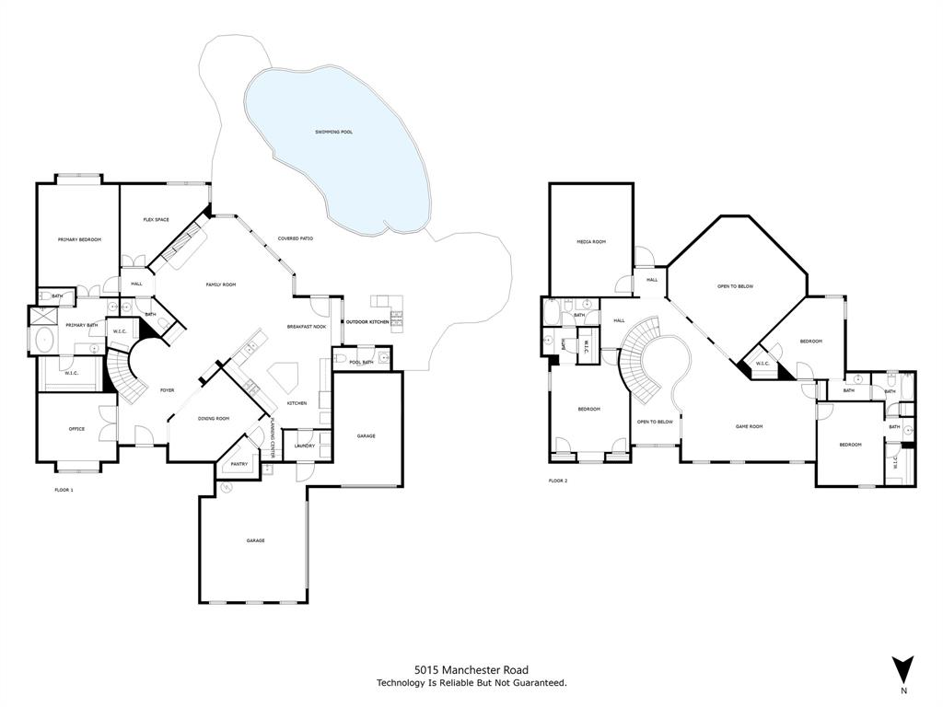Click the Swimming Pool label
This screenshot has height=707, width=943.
pos(334,132)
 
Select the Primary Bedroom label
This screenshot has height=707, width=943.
pos(78,239)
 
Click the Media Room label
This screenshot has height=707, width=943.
pos(591,241)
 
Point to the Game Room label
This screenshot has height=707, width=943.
pos(749,426)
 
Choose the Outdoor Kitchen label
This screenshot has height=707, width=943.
pos(367,322)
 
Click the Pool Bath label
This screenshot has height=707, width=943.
pos(361,362)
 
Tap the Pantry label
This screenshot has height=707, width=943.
pos(239,465)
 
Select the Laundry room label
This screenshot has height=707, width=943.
pos(304,446)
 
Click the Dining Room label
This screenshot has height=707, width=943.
pos(214,419)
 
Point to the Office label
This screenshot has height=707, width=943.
pos(76,429)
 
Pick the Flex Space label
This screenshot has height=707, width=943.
pos(156,219)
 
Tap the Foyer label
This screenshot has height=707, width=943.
pos(167,390)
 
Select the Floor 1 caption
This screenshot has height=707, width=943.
pos(64,490)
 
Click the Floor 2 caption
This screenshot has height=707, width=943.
pos(558,481)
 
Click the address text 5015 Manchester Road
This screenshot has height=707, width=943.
pos(471,670)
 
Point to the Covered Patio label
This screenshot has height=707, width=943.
pos(296,238)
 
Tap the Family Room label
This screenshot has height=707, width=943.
pos(220,284)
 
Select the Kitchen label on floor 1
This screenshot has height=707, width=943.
pos(297,403)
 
